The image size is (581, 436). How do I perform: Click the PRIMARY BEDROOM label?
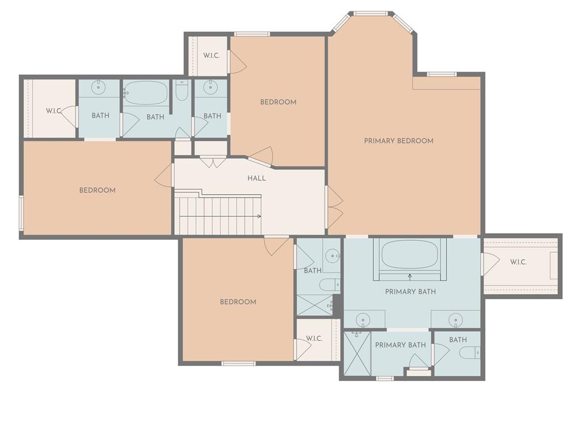399,141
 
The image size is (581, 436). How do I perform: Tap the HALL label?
256,178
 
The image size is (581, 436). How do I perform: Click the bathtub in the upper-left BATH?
146,93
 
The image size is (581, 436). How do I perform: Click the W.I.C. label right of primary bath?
518,262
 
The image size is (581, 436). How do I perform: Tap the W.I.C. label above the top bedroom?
211,56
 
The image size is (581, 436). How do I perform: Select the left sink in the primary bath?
362,320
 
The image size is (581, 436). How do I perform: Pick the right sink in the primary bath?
456,320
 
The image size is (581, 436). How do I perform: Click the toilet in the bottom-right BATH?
470,352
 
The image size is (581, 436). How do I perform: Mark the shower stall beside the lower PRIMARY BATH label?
357,353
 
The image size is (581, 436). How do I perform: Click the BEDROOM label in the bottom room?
238,302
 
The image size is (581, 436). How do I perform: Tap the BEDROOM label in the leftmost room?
98,190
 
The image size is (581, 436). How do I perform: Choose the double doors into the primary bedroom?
334,207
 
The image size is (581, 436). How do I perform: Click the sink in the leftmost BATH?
99,88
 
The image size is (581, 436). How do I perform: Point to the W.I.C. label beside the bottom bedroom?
314,338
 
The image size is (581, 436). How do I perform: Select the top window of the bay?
370,14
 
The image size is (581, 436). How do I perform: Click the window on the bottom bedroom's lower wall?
238,363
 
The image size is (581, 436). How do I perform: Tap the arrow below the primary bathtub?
410,276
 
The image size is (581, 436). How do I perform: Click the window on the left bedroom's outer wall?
21,213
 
